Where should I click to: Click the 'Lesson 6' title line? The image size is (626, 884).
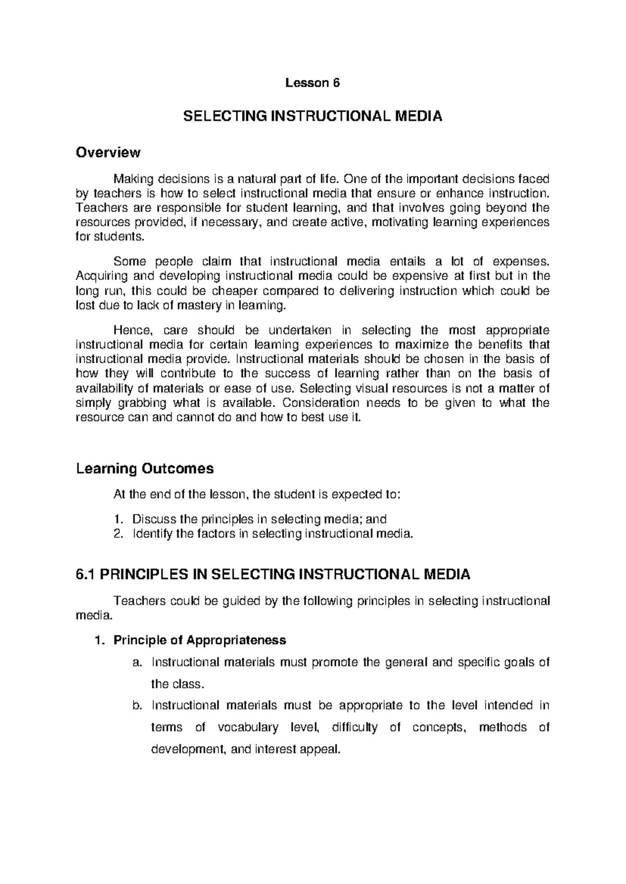(311, 83)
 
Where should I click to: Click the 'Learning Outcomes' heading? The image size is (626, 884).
(145, 469)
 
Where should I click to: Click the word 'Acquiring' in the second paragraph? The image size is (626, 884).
(98, 275)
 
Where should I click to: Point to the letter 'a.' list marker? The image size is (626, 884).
(137, 662)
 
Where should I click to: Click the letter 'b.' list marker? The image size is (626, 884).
(137, 706)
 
